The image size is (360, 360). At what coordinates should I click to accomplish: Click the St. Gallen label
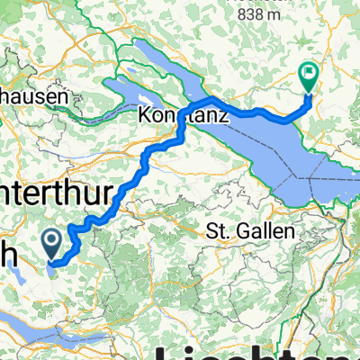coord(251,231)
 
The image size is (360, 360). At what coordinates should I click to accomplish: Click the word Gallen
coord(267,231)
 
